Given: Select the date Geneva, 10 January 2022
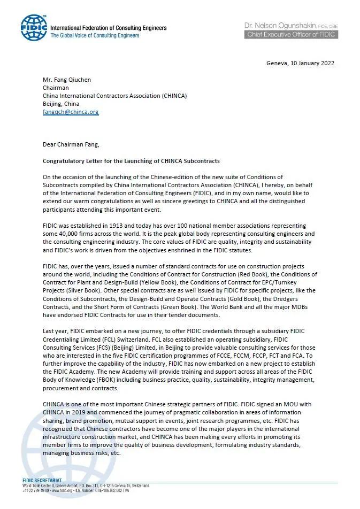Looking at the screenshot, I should pyautogui.click(x=300, y=63).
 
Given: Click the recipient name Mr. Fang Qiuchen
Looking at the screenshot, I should pyautogui.click(x=67, y=80).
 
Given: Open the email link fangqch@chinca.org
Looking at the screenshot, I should pyautogui.click(x=71, y=112).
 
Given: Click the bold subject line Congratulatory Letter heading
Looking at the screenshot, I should pyautogui.click(x=131, y=161).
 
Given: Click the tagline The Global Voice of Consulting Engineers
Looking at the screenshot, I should pyautogui.click(x=95, y=36).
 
